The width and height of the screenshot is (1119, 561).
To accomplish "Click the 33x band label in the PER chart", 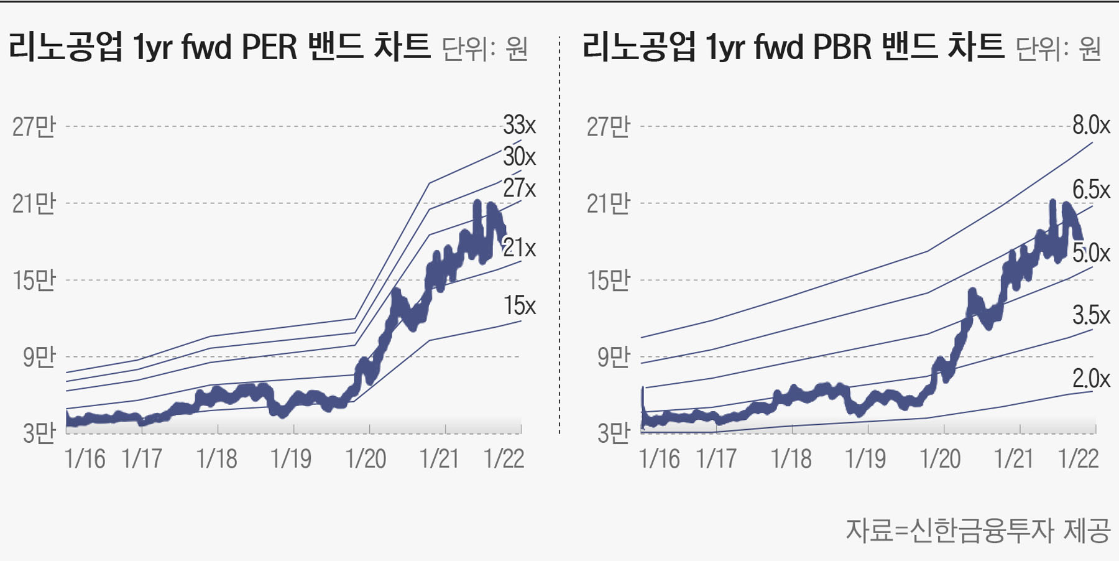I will (x=519, y=125).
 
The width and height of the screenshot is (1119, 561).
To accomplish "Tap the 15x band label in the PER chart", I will (x=519, y=305).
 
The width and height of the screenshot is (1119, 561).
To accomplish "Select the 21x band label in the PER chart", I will (x=519, y=248).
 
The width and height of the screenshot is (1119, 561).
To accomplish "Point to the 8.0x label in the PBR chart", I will (x=1091, y=125).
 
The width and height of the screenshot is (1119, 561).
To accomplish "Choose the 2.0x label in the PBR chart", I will (x=1091, y=378).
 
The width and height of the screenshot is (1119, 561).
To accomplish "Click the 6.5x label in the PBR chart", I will (x=1091, y=189).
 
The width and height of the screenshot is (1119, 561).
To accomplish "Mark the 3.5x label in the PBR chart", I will (x=1091, y=315).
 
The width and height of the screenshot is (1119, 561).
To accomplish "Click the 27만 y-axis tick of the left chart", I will (x=34, y=126).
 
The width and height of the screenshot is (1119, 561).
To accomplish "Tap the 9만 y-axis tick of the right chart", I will (x=613, y=357).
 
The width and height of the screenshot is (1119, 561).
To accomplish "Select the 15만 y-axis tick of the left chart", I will (x=34, y=280).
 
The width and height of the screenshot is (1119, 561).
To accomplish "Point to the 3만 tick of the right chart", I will (x=613, y=433).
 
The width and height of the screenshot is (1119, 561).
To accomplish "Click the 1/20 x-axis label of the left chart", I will (x=366, y=459).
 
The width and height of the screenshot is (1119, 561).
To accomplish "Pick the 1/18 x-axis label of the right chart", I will (x=791, y=459).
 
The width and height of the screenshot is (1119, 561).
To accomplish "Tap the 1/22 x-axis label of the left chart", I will (x=504, y=459).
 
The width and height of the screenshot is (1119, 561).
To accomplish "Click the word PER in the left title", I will (x=269, y=47).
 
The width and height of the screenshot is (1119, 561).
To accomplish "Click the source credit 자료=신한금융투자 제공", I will (x=978, y=530).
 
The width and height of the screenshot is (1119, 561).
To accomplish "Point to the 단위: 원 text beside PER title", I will (x=485, y=49).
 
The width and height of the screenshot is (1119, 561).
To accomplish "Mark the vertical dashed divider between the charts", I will (x=559, y=236).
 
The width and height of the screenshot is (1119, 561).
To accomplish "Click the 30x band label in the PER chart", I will (x=519, y=156).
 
